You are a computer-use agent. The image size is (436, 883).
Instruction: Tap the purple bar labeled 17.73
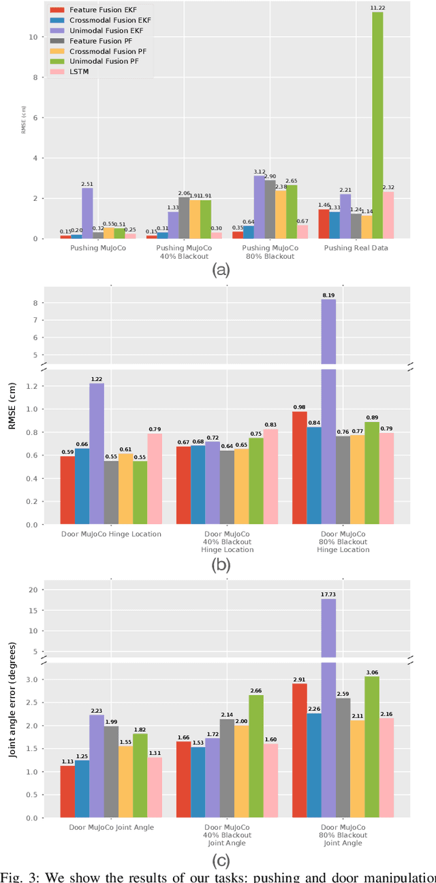tap(328, 708)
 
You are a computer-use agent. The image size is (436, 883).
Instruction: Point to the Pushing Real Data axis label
tap(357, 248)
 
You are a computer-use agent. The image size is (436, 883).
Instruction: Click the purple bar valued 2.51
tap(87, 213)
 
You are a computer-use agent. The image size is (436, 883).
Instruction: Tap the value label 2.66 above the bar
tap(255, 690)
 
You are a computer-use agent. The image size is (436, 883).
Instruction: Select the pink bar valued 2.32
tap(388, 214)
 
